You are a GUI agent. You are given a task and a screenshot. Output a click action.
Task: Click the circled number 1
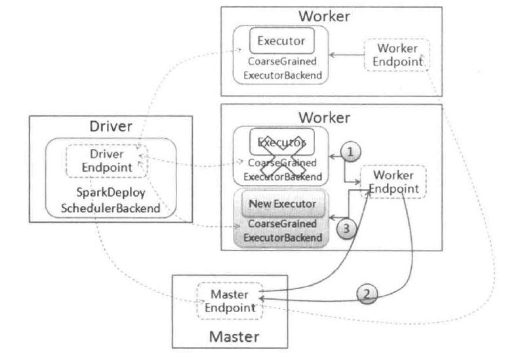click(x=352, y=151)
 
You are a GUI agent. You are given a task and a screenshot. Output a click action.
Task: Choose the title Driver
click(x=111, y=126)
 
